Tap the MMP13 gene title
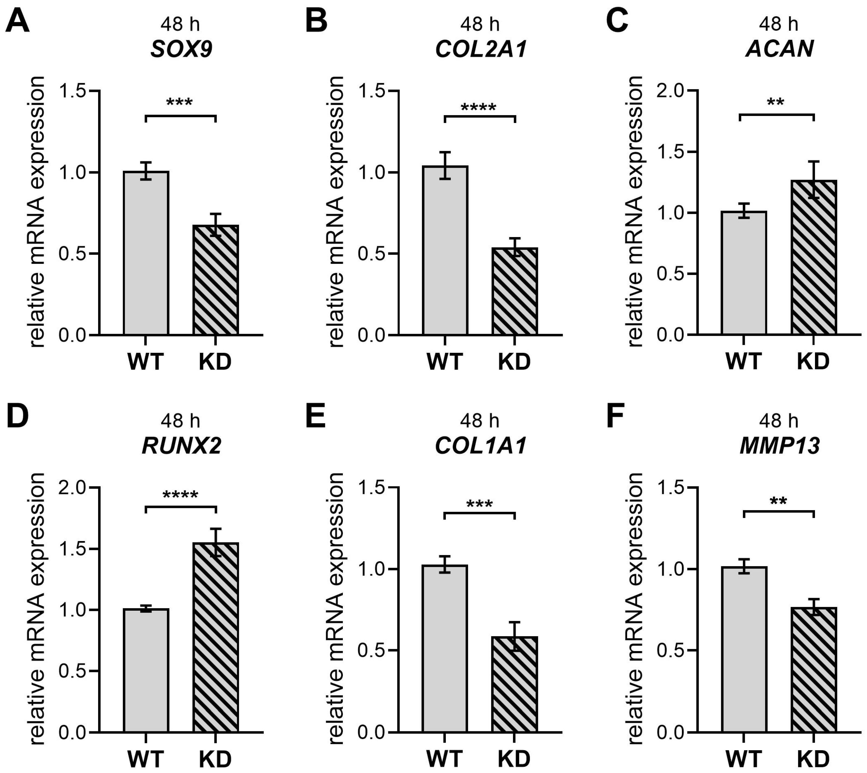pyautogui.click(x=779, y=446)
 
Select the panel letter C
pyautogui.click(x=617, y=20)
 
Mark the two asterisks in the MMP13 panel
pyautogui.click(x=778, y=502)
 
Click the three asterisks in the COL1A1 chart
pyautogui.click(x=479, y=504)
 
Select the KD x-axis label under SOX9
pyautogui.click(x=215, y=362)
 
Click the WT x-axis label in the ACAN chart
pyautogui.click(x=743, y=362)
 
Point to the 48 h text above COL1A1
pyautogui.click(x=480, y=421)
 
